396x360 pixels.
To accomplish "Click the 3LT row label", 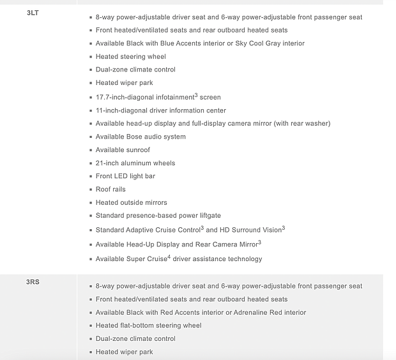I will pyautogui.click(x=33, y=13).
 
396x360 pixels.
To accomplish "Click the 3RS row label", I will pyautogui.click(x=33, y=281).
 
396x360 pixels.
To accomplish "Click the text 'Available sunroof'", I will pyautogui.click(x=123, y=150).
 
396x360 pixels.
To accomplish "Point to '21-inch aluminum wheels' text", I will pyautogui.click(x=135, y=163).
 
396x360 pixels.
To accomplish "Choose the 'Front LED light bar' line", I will pyautogui.click(x=125, y=176).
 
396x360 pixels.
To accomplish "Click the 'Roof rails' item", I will pyautogui.click(x=110, y=190).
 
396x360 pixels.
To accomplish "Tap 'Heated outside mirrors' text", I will pyautogui.click(x=131, y=203).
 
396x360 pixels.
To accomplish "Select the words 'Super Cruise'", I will pyautogui.click(x=146, y=259).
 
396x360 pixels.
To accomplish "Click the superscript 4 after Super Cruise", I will pyautogui.click(x=169, y=257).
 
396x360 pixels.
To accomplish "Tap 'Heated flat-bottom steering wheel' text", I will pyautogui.click(x=148, y=326).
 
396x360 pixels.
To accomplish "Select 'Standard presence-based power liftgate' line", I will pyautogui.click(x=158, y=216).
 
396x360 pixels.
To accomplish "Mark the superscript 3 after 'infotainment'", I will pyautogui.click(x=196, y=95).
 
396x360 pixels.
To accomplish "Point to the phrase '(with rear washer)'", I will pyautogui.click(x=301, y=124).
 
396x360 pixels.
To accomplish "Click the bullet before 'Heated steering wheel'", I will pyautogui.click(x=90, y=57).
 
